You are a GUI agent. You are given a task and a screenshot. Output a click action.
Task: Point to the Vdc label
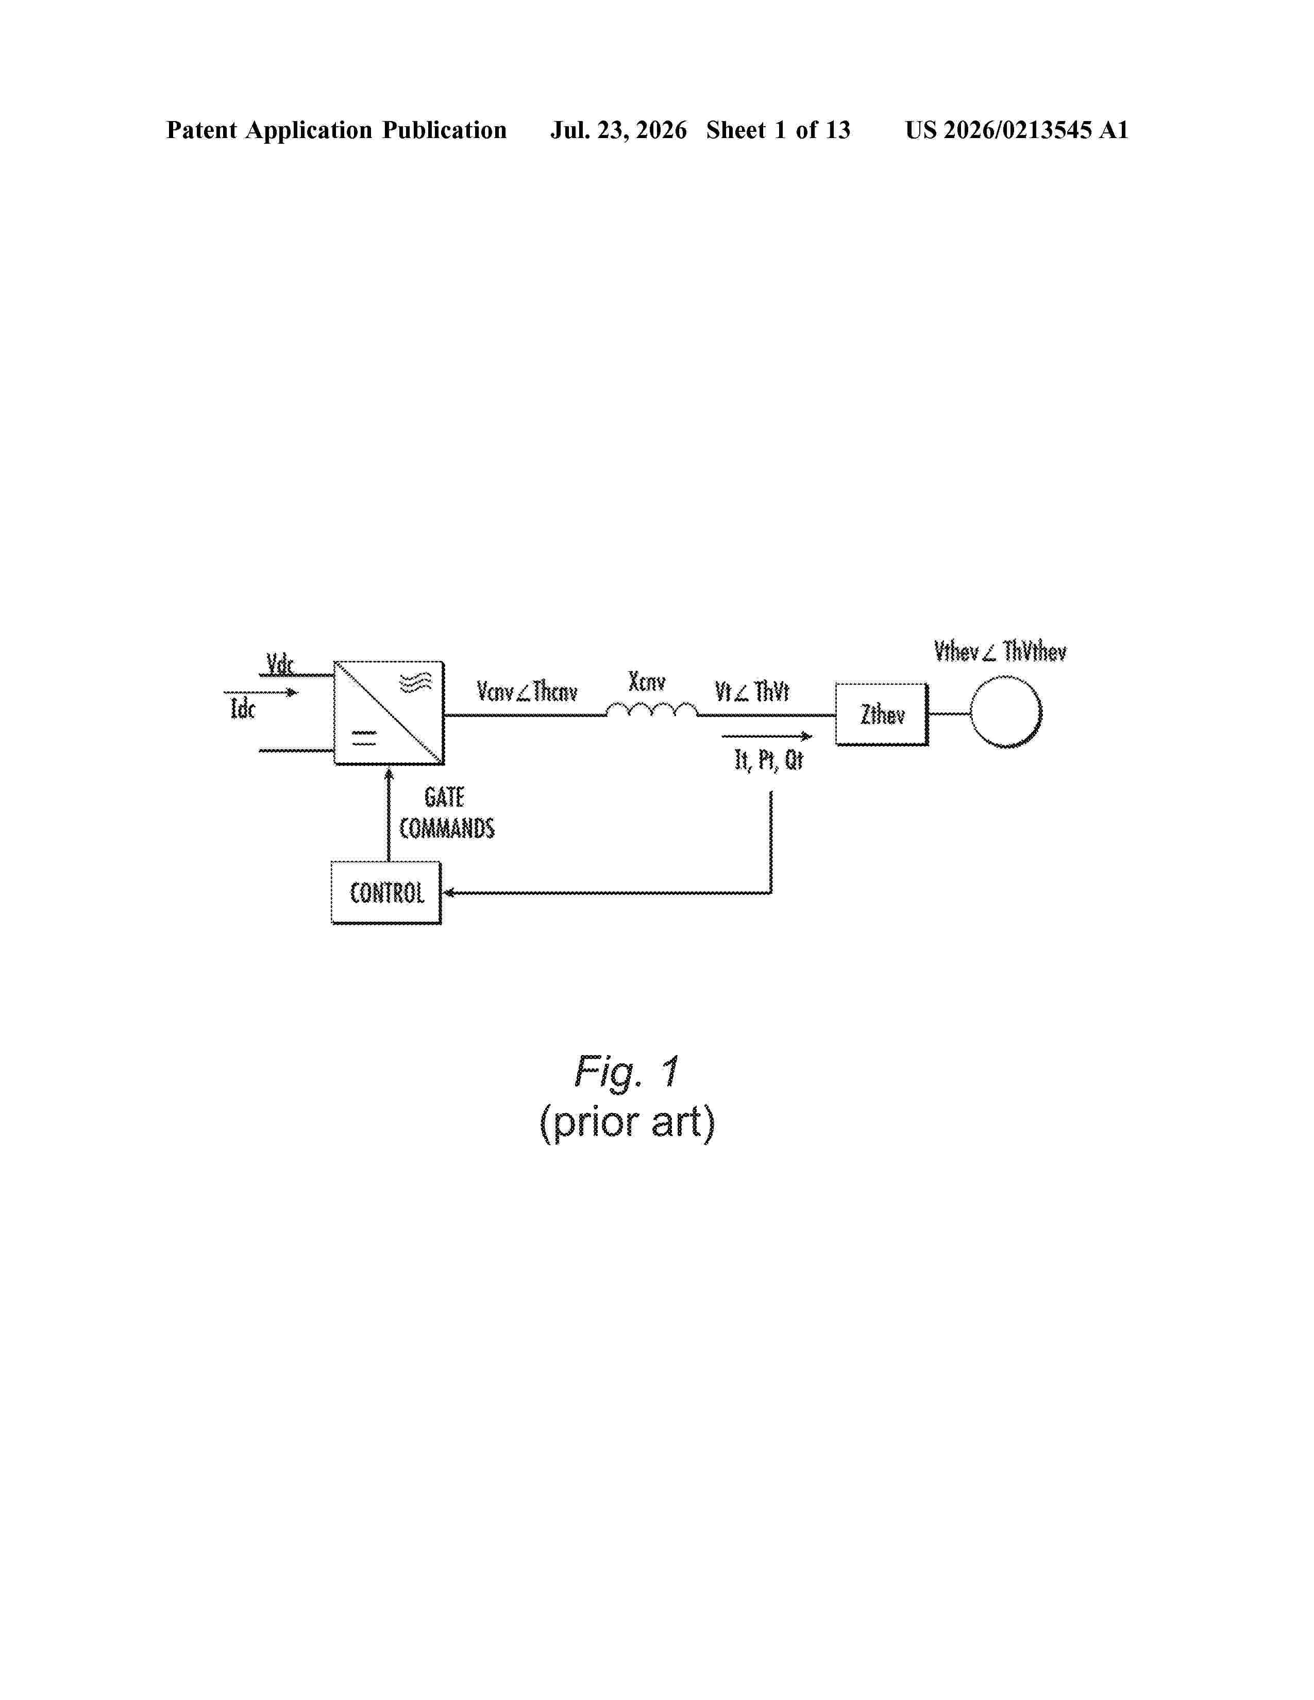[x=280, y=664]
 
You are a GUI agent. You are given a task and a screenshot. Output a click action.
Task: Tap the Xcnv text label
[x=647, y=682]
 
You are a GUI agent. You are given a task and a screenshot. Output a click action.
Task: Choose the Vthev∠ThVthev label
[x=1000, y=651]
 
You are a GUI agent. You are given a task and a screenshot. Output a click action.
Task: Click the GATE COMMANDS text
[x=447, y=812]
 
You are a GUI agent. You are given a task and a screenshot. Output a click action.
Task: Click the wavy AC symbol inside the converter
[x=415, y=683]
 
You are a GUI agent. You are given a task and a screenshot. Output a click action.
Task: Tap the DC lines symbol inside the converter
[x=363, y=738]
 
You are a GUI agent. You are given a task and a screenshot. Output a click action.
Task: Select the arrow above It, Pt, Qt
[x=767, y=736]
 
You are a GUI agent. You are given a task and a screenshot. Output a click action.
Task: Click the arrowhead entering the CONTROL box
[x=448, y=893]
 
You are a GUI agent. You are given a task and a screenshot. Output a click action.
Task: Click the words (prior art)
[x=627, y=1123]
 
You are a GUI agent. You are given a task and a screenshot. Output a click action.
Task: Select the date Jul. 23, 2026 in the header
[x=619, y=130]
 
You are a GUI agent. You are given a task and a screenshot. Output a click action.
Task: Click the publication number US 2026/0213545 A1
[x=1017, y=130]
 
